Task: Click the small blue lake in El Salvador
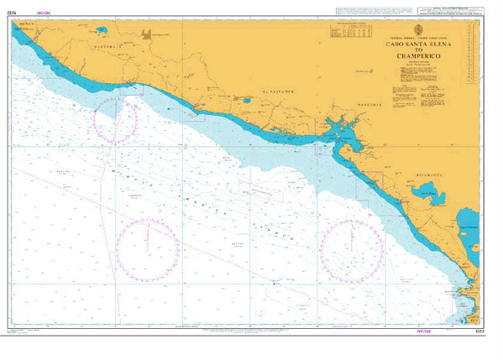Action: click(x=246, y=102)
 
